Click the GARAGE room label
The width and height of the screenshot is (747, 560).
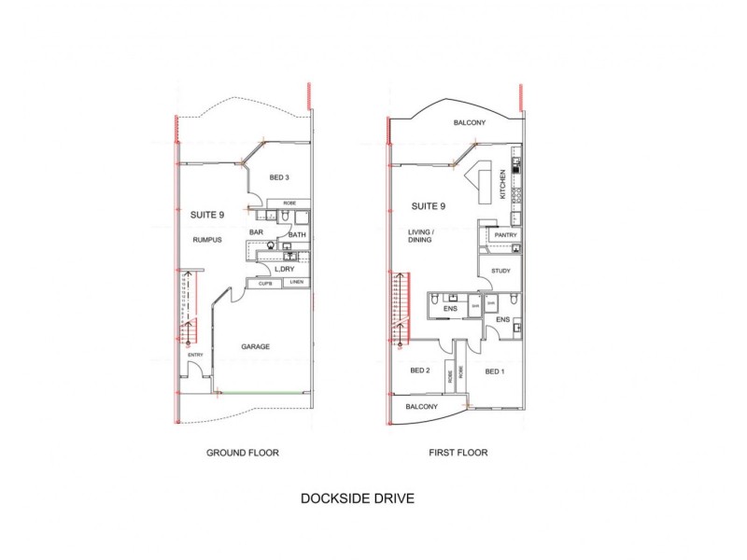pos(255,346)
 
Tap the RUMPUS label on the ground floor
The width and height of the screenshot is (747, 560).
pos(205,240)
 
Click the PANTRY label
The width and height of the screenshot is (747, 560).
pos(507,234)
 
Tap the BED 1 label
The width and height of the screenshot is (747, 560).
pos(496,371)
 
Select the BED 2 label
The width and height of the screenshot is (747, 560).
pos(420,371)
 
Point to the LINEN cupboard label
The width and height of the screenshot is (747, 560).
pos(295,282)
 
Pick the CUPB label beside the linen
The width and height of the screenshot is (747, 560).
pos(265,282)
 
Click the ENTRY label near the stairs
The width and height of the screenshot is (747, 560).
pos(195,355)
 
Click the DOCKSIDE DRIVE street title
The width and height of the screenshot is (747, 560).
pos(357,498)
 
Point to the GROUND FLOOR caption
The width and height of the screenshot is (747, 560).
pos(242,453)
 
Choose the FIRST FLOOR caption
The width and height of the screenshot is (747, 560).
pos(458,453)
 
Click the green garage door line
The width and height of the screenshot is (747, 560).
pos(262,391)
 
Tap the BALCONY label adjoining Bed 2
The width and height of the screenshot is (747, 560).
pos(421,407)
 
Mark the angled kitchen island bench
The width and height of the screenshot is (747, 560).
pos(483,183)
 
